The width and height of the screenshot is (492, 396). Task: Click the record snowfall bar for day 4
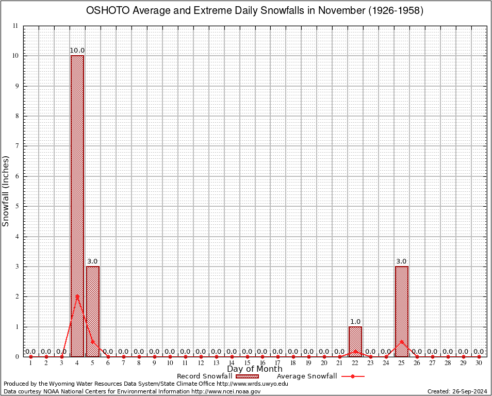pyautogui.click(x=77, y=206)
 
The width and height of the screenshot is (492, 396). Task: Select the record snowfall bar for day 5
pyautogui.click(x=93, y=311)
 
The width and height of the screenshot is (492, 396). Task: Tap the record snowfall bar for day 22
pyautogui.click(x=355, y=341)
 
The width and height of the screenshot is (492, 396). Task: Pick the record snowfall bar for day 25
pyautogui.click(x=402, y=311)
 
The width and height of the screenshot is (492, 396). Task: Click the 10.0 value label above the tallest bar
pyautogui.click(x=77, y=51)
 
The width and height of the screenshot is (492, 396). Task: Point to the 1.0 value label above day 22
pyautogui.click(x=355, y=322)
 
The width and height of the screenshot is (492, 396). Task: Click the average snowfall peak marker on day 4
pyautogui.click(x=77, y=296)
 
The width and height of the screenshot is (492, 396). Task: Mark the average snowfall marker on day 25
pyautogui.click(x=402, y=341)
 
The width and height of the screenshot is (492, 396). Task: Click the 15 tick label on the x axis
pyautogui.click(x=247, y=364)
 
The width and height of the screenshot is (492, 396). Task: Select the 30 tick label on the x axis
pyautogui.click(x=479, y=364)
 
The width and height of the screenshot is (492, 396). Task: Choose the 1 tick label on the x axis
pyautogui.click(x=31, y=364)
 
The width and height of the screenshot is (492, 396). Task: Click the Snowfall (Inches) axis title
pyautogui.click(x=6, y=191)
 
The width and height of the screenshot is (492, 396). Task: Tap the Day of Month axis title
pyautogui.click(x=255, y=369)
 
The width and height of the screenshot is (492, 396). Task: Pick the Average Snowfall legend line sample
pyautogui.click(x=353, y=376)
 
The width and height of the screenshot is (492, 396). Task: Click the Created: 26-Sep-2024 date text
pyautogui.click(x=457, y=391)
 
